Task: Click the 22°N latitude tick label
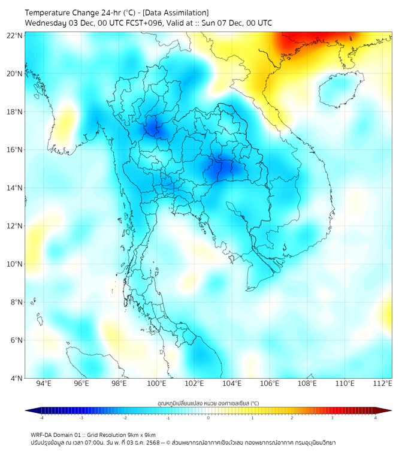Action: pos(15,36)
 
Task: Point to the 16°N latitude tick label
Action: pos(15,150)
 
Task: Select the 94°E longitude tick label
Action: pos(44,383)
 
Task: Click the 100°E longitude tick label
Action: pos(157,383)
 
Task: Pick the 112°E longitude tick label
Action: pos(383,383)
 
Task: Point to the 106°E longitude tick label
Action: pos(270,383)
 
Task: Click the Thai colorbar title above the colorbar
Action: pos(208,403)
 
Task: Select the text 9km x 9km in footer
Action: pos(141,434)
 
